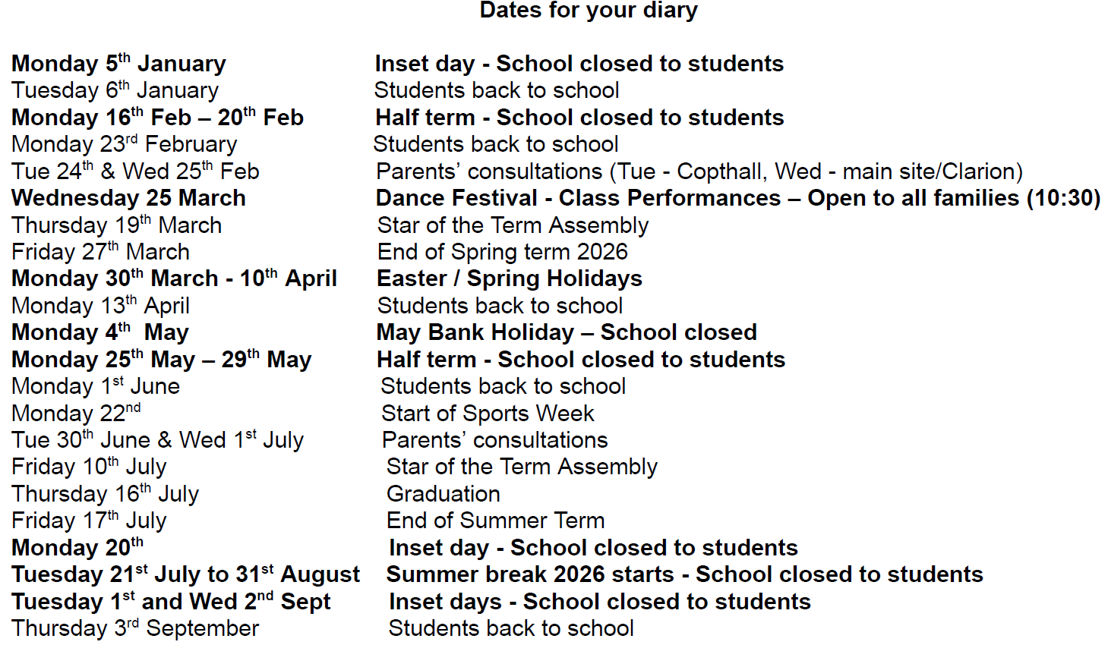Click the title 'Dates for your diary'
pyautogui.click(x=589, y=11)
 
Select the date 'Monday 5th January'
pyautogui.click(x=118, y=64)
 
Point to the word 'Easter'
pyautogui.click(x=412, y=278)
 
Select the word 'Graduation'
pyautogui.click(x=444, y=494)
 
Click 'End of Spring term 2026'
pyautogui.click(x=503, y=252)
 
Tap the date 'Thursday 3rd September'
pyautogui.click(x=135, y=628)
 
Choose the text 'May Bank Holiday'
pyautogui.click(x=475, y=332)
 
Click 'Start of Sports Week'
pyautogui.click(x=488, y=414)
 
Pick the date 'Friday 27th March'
pyautogui.click(x=100, y=252)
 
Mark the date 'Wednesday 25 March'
pyautogui.click(x=128, y=198)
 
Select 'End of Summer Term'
pyautogui.click(x=496, y=521)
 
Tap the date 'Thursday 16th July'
pyautogui.click(x=105, y=494)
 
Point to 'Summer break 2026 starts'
pyautogui.click(x=530, y=574)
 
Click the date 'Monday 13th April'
pyautogui.click(x=100, y=306)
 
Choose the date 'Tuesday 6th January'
pyautogui.click(x=115, y=90)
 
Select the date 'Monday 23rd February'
pyautogui.click(x=124, y=144)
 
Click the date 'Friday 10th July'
pyautogui.click(x=89, y=467)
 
